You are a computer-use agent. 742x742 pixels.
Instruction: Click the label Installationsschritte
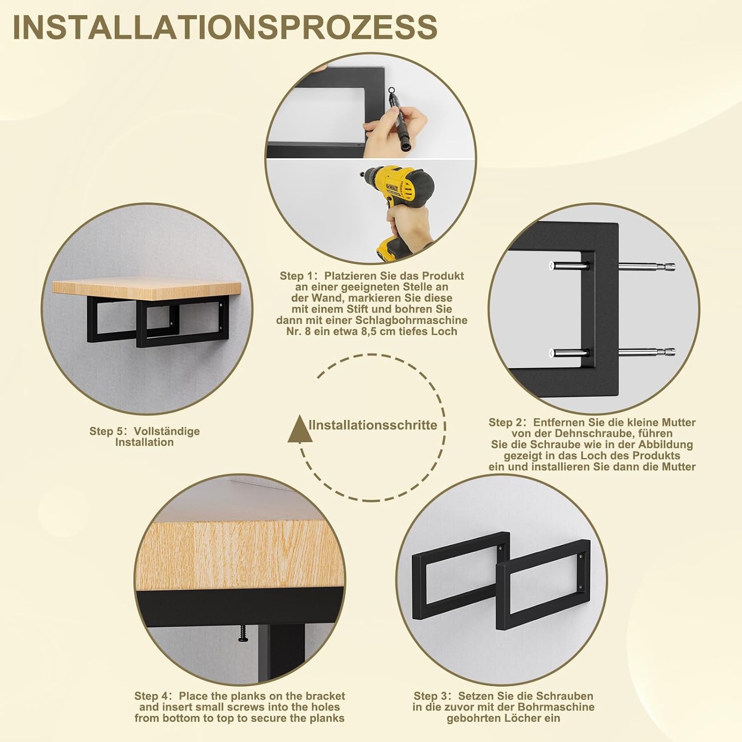pyautogui.click(x=373, y=425)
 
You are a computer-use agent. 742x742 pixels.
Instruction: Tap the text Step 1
pyautogui.click(x=296, y=276)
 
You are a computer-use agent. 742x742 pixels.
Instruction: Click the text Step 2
pyautogui.click(x=505, y=422)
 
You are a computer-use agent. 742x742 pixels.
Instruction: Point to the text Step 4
pyautogui.click(x=151, y=696)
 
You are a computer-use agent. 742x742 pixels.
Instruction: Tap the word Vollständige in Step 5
pyautogui.click(x=167, y=431)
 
